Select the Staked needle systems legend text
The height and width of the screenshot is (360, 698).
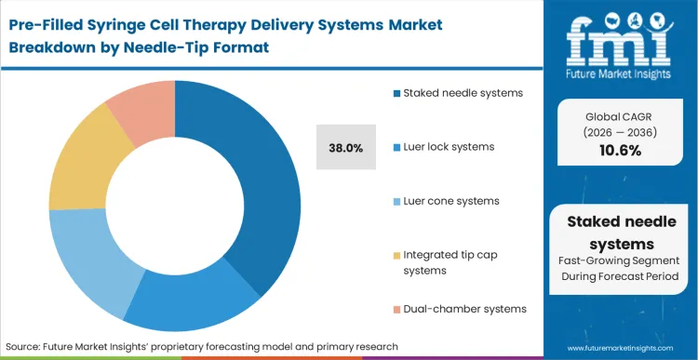pos(457,93)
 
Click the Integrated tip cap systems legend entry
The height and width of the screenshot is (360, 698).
pos(450,261)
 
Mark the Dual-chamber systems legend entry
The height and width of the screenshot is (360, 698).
pos(459,308)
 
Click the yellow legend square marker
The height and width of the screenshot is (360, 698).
pos(396,254)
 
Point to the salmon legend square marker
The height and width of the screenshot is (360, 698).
pos(396,308)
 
